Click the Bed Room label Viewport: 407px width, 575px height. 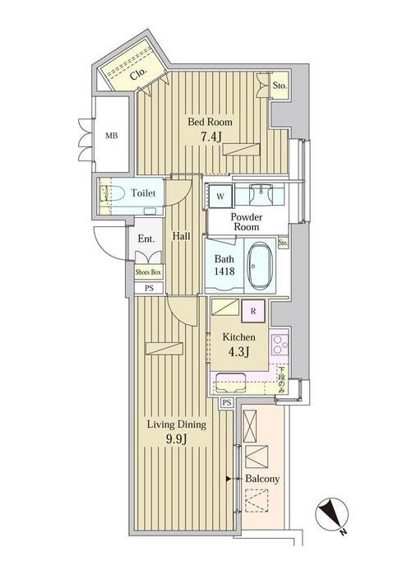[210, 122]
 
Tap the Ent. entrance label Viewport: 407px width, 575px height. [146, 239]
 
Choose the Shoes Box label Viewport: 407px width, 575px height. [148, 271]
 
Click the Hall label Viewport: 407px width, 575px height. [183, 236]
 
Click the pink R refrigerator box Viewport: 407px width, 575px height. [252, 310]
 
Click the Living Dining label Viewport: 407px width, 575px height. [176, 425]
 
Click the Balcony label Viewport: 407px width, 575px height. [263, 478]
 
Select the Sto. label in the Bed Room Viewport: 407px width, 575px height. [279, 83]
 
